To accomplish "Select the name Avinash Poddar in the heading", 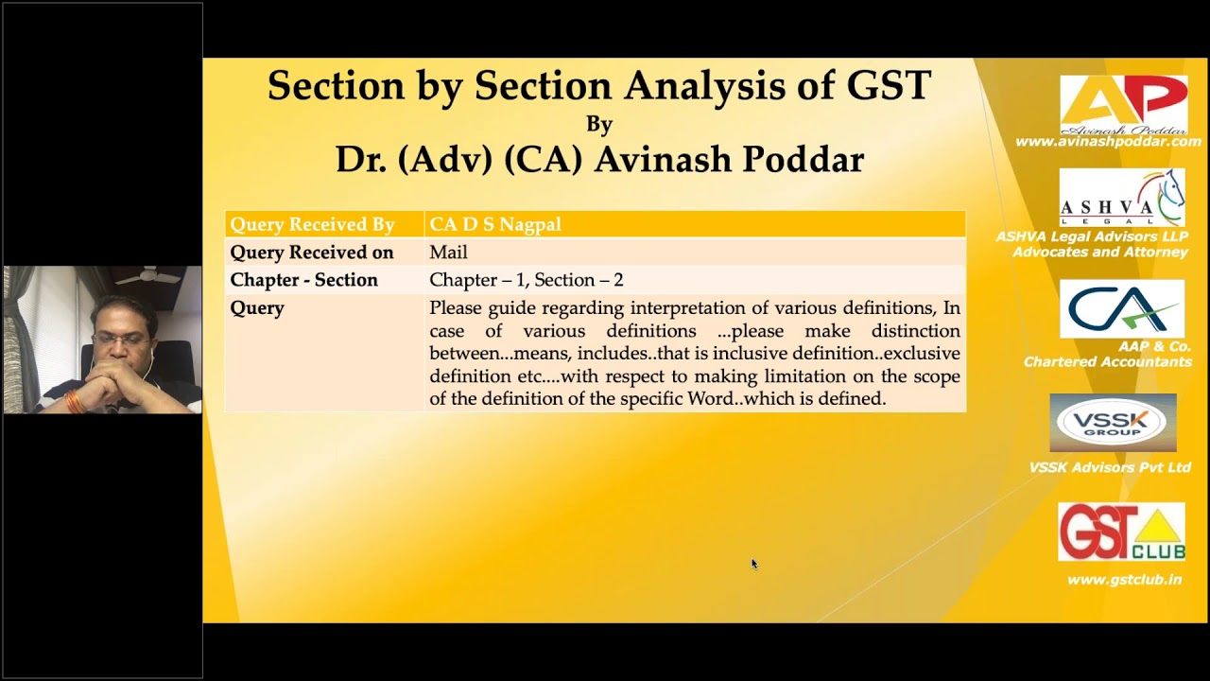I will tap(728, 159).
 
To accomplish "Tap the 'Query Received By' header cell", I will tap(312, 224).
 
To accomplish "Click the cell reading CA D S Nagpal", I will tap(495, 224).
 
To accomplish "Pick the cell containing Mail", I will tap(448, 253).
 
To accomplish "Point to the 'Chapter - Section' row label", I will tap(303, 280).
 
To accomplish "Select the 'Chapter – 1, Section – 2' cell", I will tap(526, 280).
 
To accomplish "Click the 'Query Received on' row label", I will tap(311, 253).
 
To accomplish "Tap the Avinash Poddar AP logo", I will tap(1123, 104).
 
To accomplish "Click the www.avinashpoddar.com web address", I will tap(1108, 142).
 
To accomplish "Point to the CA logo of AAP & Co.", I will tap(1121, 308).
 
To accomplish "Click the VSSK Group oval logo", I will tap(1113, 423).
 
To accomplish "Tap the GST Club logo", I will tap(1121, 532).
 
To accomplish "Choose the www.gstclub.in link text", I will tap(1124, 580).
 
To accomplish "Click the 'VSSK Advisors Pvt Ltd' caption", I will tap(1110, 467).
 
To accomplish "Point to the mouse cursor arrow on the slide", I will tap(753, 564).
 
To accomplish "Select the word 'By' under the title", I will tap(599, 124).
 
